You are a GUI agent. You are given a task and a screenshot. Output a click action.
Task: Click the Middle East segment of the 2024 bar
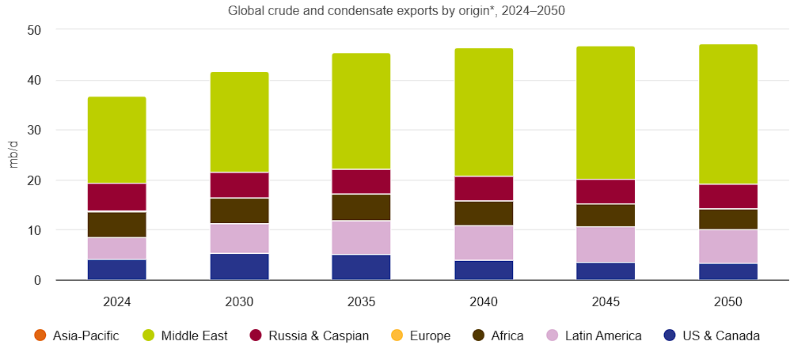click(x=116, y=140)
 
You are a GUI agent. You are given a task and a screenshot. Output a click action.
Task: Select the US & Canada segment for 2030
click(x=239, y=267)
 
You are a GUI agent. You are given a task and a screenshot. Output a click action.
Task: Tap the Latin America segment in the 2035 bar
click(x=361, y=237)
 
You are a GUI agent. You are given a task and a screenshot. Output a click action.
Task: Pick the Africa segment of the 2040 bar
click(x=484, y=213)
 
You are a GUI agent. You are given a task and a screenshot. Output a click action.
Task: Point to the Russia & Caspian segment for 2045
click(x=606, y=191)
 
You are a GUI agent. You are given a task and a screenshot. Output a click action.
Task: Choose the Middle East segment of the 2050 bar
click(x=728, y=114)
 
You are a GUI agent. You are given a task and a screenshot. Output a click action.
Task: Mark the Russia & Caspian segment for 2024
click(x=116, y=198)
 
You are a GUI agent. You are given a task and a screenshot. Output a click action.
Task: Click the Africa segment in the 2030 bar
click(x=239, y=210)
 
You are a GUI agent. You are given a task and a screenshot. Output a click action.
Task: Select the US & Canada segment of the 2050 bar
click(x=728, y=271)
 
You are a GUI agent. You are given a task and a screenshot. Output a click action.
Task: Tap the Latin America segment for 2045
click(x=606, y=244)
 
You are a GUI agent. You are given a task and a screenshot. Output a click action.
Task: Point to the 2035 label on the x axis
click(x=361, y=301)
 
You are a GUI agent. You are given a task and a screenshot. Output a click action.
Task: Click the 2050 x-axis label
click(x=728, y=301)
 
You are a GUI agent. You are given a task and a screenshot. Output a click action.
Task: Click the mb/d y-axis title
click(x=13, y=155)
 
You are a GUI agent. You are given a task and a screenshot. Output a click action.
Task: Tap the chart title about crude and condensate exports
click(x=396, y=11)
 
